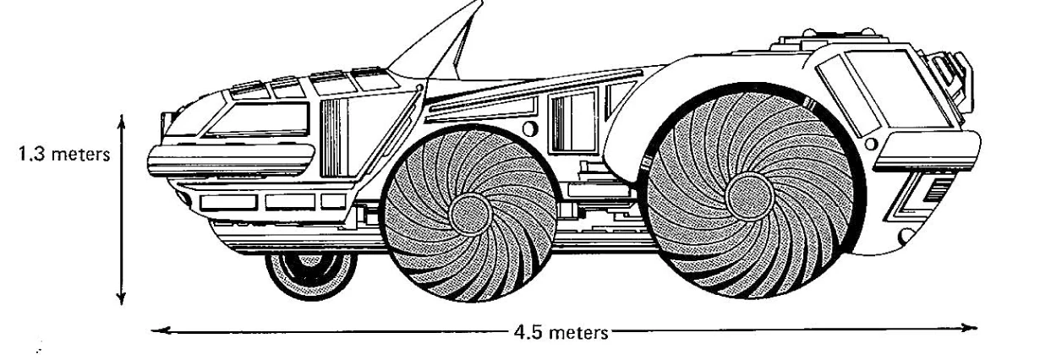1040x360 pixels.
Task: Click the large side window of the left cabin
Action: point(258,120)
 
